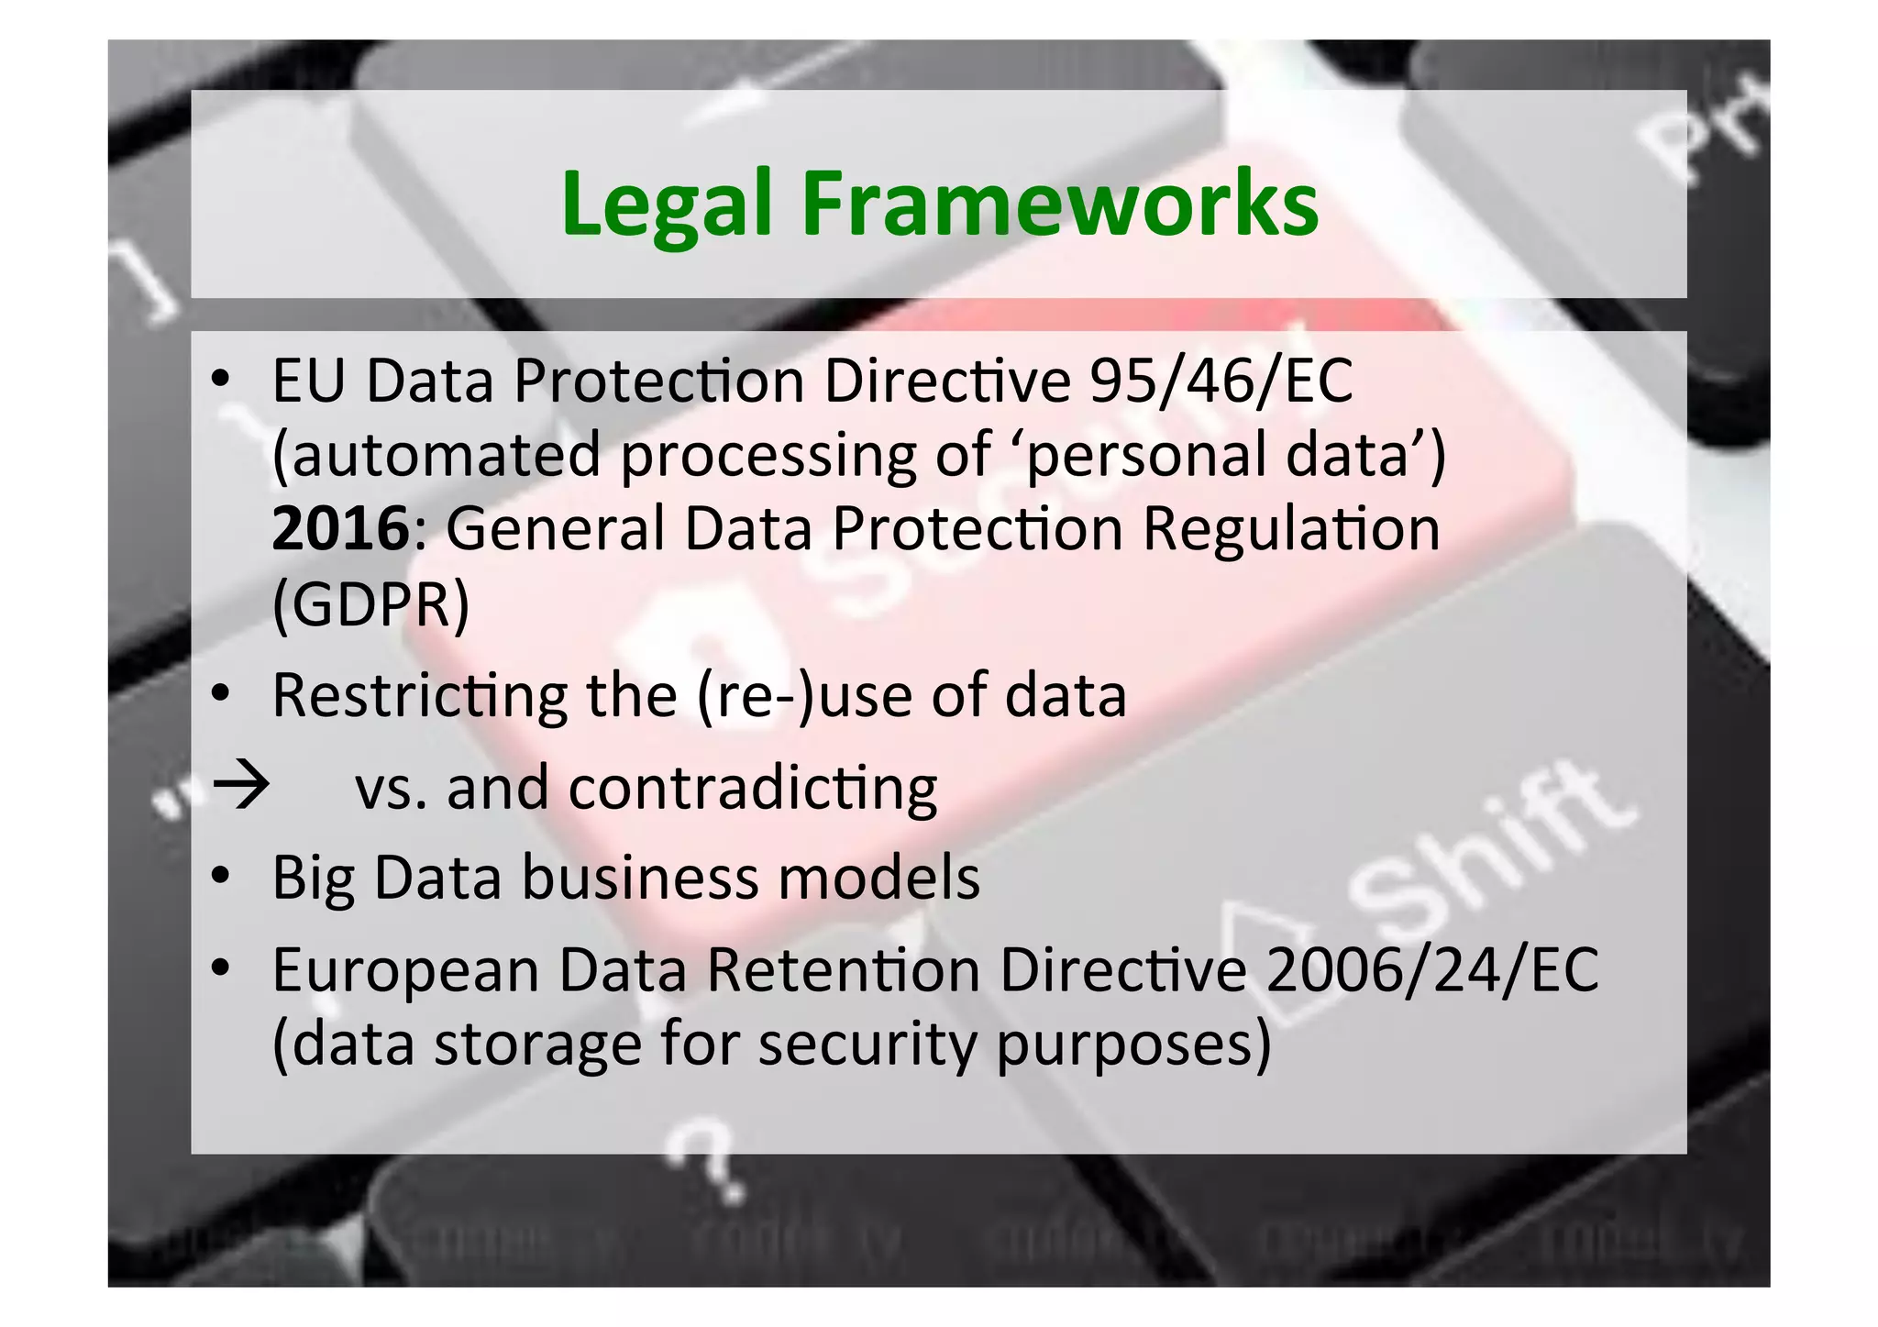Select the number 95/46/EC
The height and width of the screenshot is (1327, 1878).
pyautogui.click(x=1221, y=380)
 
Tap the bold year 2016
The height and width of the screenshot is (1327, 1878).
pyautogui.click(x=339, y=529)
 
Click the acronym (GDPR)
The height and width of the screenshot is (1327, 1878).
pyautogui.click(x=370, y=604)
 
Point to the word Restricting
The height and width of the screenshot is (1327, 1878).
pyautogui.click(x=419, y=695)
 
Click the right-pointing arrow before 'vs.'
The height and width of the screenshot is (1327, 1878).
pyautogui.click(x=241, y=787)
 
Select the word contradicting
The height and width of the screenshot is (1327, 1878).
pyautogui.click(x=752, y=788)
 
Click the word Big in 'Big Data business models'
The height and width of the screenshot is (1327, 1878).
pyautogui.click(x=313, y=879)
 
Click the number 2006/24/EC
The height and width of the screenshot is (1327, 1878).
pyautogui.click(x=1431, y=969)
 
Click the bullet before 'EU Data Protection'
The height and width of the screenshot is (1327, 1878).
pyautogui.click(x=220, y=380)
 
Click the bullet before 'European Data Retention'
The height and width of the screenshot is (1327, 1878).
pyautogui.click(x=220, y=968)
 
